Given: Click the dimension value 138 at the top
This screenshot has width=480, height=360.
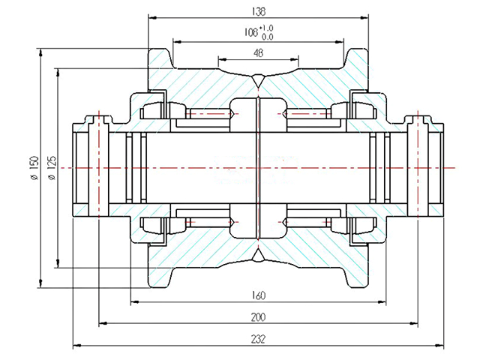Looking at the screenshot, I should (259, 11).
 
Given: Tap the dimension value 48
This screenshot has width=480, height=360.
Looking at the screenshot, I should (259, 52).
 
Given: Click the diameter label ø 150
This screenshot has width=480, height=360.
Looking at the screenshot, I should (33, 167).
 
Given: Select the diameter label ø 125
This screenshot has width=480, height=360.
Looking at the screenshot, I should (51, 167).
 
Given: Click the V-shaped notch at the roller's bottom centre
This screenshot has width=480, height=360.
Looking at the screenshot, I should (258, 256).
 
